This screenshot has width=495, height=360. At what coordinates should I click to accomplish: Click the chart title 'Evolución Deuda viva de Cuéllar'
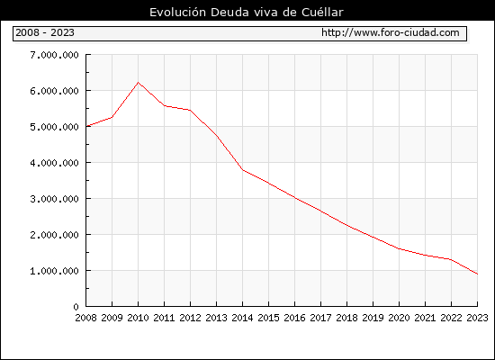pos(247,13)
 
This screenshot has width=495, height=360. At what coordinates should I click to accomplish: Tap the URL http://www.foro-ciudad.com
pos(391,32)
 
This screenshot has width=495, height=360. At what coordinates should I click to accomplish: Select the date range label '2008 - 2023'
pos(45,32)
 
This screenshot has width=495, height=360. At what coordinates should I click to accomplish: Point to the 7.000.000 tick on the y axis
pos(54,55)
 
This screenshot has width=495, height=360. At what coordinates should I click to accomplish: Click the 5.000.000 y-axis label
pos(54,127)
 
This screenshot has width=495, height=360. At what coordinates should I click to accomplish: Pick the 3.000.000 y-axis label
pos(54,199)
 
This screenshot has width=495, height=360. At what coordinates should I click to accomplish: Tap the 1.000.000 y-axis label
pos(54,271)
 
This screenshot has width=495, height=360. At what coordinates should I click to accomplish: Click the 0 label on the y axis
pos(76,307)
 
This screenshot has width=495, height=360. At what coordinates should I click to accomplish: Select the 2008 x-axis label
pos(85,318)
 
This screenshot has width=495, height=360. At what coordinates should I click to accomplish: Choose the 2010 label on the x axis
pos(138,318)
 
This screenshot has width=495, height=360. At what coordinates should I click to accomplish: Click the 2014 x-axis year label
pos(242,318)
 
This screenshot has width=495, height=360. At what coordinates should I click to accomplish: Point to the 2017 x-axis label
pos(320,318)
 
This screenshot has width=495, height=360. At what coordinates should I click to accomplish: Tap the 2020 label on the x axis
pos(399,318)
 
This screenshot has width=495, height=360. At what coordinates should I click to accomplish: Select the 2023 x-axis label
pos(477,318)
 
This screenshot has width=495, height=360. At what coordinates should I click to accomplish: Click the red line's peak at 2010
pos(138,83)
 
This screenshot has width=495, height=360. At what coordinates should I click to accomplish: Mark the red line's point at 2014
pos(242,170)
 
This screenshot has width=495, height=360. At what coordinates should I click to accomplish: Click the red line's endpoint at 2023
pos(477,274)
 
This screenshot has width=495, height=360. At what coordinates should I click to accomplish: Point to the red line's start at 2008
pos(86,126)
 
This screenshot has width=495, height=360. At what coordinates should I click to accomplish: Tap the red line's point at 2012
pos(191,110)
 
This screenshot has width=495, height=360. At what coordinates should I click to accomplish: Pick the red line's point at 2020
pos(399,248)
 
